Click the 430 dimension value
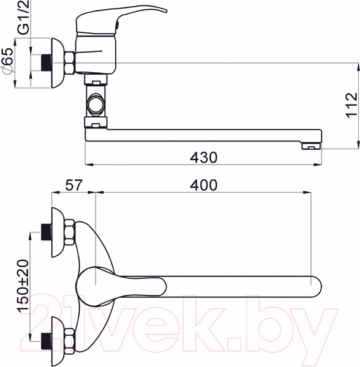tap(203, 158)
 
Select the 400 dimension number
tap(203, 185)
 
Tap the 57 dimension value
tap(74, 185)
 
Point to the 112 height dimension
tap(351, 106)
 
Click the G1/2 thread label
tap(23, 17)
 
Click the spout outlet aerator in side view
tap(311, 147)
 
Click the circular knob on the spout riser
tap(96, 105)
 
